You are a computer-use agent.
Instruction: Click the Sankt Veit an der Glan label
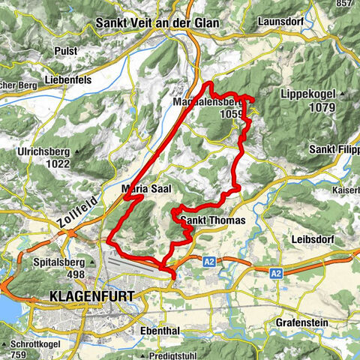(x=157, y=23)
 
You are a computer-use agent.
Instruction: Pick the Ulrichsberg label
(x=43, y=151)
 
